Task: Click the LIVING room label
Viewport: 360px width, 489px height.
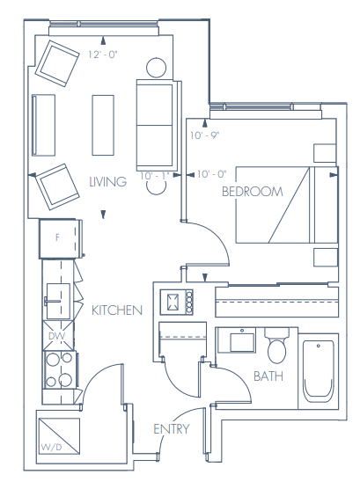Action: pos(108,181)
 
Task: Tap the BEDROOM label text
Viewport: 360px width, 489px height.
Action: pos(252,191)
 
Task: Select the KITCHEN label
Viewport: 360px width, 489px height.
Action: pos(117,310)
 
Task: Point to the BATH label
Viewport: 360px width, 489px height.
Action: pos(268,376)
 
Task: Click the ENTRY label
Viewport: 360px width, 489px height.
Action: pos(171,428)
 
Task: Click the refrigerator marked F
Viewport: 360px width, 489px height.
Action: pos(59,237)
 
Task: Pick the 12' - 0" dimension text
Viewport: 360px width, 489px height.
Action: pos(103,55)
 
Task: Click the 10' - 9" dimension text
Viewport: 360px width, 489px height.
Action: pos(204,135)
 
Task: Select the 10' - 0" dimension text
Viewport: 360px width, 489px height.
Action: pos(211,175)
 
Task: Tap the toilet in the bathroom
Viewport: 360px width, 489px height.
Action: pos(277,346)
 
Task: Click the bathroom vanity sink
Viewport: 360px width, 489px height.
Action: pos(239,340)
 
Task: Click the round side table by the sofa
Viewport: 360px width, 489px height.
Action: pos(156,67)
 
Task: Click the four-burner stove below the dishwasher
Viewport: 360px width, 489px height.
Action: pos(57,369)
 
